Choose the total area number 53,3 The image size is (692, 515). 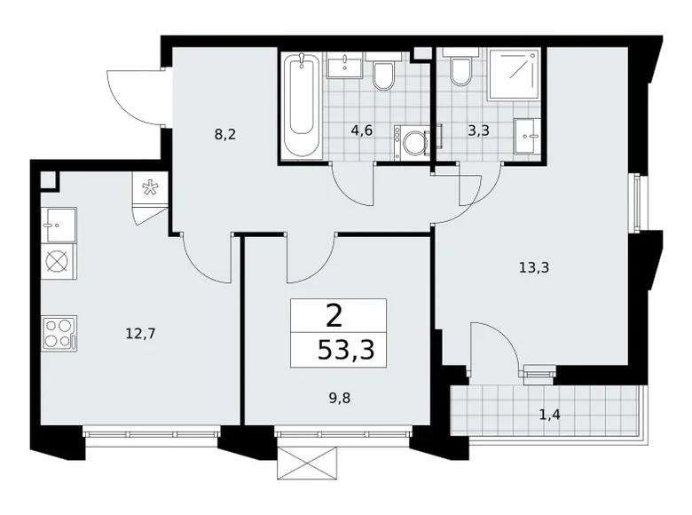click(345, 349)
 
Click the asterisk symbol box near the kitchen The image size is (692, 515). click(149, 188)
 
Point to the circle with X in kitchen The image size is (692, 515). click(58, 263)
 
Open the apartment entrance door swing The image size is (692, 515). click(133, 97)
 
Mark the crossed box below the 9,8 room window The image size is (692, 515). click(305, 463)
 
